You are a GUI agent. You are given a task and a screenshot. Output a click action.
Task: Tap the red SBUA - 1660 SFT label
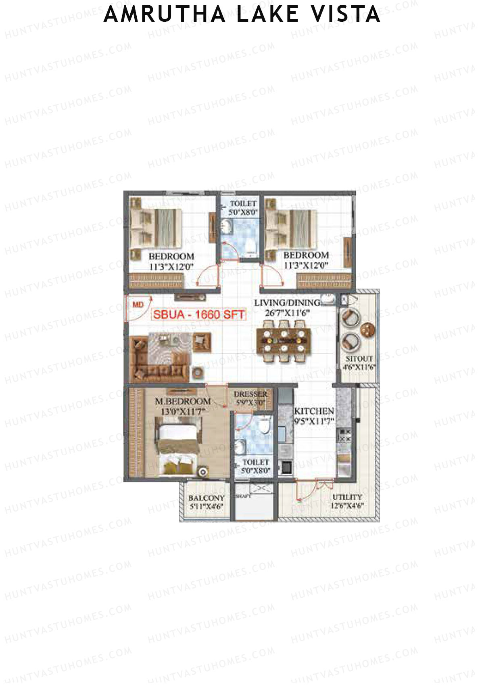point(198,314)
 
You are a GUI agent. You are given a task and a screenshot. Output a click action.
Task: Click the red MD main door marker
point(138,304)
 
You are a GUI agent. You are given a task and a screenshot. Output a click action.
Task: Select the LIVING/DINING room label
point(287,303)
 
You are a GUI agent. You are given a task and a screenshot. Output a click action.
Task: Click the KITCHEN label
point(314,411)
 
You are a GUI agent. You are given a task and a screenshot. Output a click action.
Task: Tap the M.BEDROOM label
point(183,401)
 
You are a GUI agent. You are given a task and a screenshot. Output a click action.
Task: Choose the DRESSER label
point(250,394)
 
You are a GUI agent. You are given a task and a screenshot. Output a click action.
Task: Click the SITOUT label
point(359,358)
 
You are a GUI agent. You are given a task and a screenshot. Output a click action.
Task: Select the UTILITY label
point(347,497)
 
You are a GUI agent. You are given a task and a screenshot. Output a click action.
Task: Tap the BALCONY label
point(206,498)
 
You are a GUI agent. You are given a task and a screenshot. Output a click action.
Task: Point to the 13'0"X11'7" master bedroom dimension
point(183,411)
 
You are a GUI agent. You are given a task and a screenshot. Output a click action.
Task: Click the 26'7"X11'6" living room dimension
point(287,313)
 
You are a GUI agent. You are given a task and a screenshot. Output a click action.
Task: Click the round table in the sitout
point(367,330)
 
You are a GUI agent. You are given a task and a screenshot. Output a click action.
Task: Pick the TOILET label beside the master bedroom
point(255,462)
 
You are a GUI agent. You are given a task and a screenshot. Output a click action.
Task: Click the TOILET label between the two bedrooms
point(243,203)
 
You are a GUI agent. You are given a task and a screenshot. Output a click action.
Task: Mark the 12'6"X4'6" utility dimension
point(347,506)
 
